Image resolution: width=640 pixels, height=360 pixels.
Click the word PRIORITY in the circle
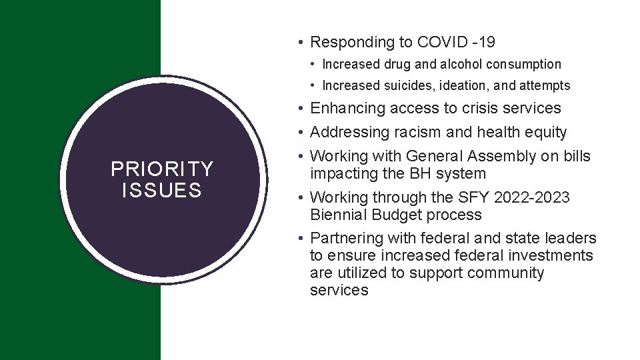[x=162, y=169]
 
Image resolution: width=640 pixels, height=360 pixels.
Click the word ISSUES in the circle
[x=162, y=191]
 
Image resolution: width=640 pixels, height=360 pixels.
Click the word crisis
[x=461, y=108]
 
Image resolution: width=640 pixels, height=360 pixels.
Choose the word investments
[x=553, y=256]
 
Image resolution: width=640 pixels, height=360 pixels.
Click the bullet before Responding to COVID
[x=302, y=43]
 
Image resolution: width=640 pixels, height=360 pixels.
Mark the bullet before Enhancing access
[x=302, y=108]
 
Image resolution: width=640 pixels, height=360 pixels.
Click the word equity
[x=544, y=133]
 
